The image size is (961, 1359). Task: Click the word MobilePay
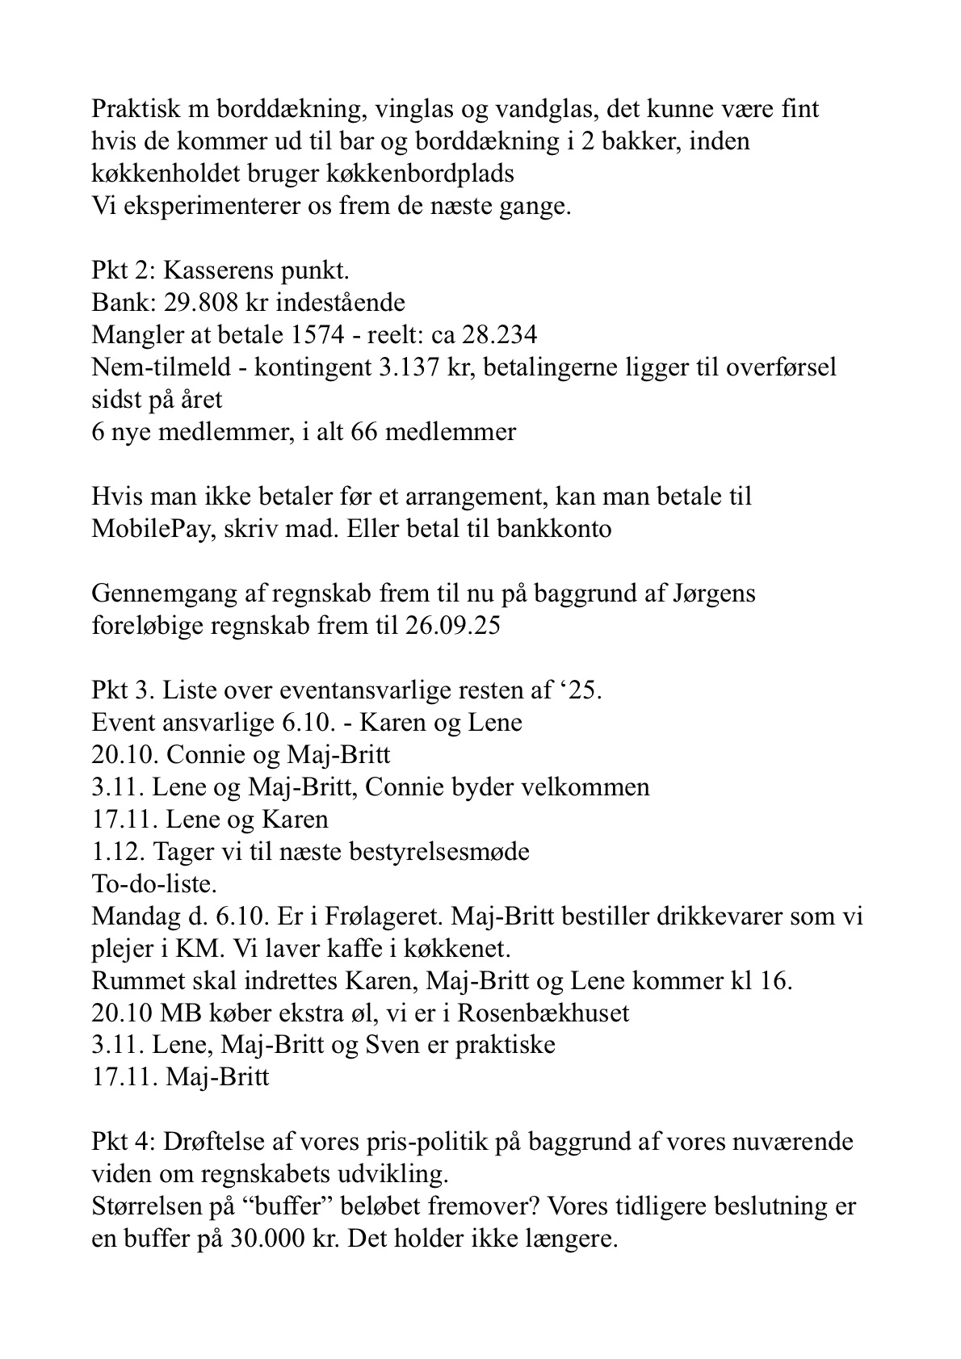(x=146, y=529)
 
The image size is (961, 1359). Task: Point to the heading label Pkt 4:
(x=124, y=1143)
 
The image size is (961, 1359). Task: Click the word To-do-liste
(x=154, y=883)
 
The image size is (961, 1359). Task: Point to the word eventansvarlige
(x=360, y=690)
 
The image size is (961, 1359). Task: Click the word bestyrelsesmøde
(x=439, y=852)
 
